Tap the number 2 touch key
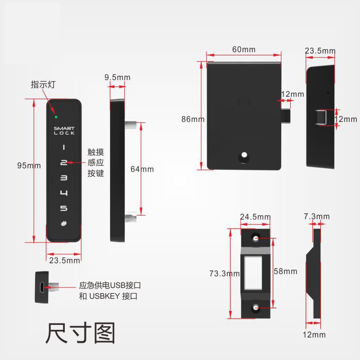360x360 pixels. pos(63,162)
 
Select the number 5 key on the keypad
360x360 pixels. pos(63,208)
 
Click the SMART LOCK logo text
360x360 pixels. pos(64,131)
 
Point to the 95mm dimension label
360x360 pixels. pos(29,166)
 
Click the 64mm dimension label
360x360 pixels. pos(142,169)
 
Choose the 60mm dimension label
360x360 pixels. pos(243,49)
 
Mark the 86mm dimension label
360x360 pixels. pos(193,119)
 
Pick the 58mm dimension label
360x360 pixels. pos(285,271)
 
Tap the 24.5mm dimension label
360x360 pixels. pos(255,216)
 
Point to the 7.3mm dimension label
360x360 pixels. pos(317,216)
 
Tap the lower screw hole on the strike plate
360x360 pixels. pos(256,308)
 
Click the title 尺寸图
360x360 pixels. pos(80,333)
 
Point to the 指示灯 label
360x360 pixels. pos(43,85)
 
